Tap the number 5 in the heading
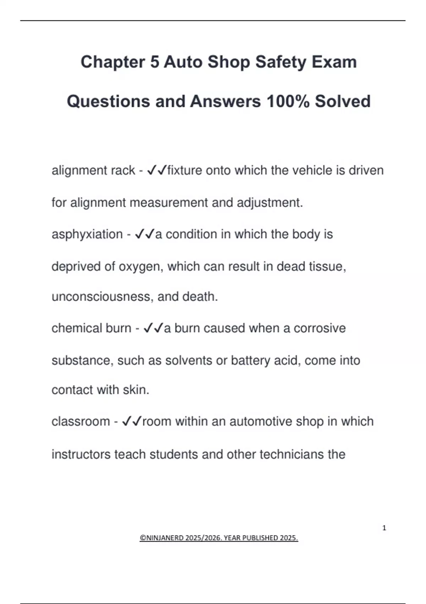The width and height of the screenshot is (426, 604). tap(154, 62)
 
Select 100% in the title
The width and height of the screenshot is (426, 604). tap(288, 101)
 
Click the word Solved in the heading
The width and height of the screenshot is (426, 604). tap(343, 101)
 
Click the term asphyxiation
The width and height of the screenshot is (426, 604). tap(87, 234)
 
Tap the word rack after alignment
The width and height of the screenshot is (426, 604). tap(123, 171)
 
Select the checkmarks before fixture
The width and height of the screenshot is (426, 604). tap(156, 171)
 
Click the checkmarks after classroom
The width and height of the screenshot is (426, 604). tap(132, 422)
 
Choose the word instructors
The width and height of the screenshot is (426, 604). tap(81, 454)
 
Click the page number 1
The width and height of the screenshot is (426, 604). tap(384, 528)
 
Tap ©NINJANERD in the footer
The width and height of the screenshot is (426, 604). tap(162, 538)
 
